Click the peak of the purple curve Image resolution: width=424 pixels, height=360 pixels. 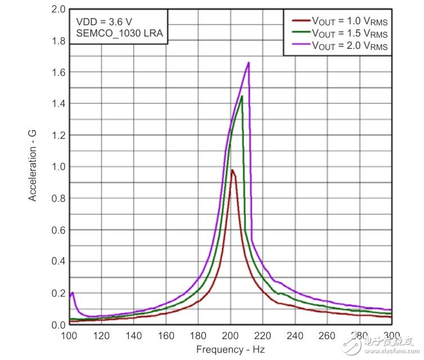point(248,62)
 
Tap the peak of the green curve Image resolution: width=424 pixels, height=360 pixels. point(242,96)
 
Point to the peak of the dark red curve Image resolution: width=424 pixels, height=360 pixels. point(232,170)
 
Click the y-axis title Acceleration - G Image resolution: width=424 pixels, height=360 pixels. point(33,166)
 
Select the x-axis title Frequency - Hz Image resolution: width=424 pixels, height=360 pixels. point(230,349)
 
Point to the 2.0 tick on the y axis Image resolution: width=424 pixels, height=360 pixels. point(58,10)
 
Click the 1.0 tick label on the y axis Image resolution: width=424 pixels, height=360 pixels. point(58,167)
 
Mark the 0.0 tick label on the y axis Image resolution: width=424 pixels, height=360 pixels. point(58,325)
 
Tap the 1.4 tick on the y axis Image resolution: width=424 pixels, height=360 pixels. point(58,104)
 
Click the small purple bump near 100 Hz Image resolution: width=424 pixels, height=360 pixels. point(72,293)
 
